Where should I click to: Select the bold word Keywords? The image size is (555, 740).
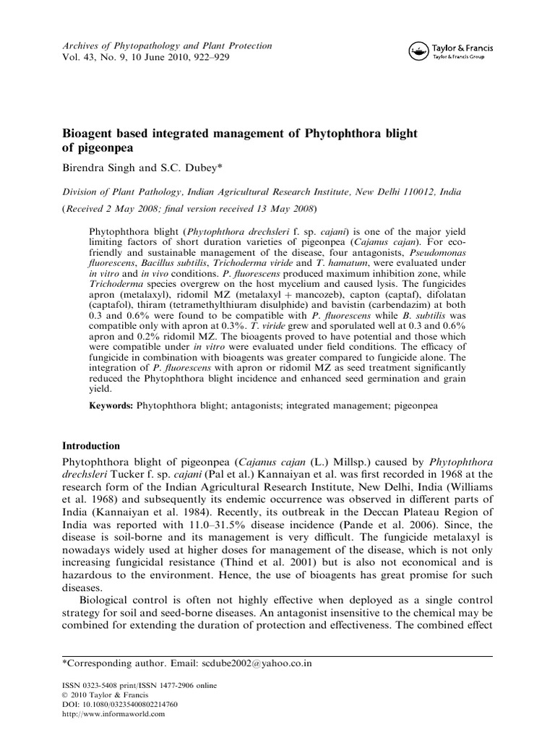[x=111, y=407]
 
